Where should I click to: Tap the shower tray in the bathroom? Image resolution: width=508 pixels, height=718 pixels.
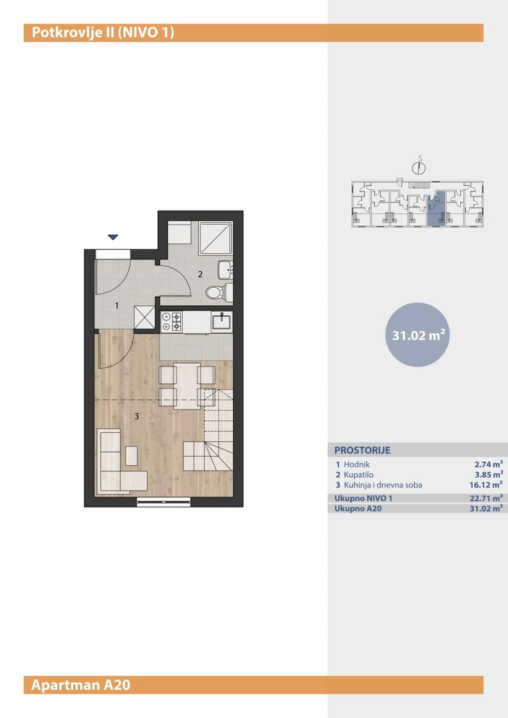tap(215, 239)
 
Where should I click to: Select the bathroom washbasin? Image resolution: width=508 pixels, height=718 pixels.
tap(225, 270)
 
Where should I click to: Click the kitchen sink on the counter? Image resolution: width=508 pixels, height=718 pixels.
tap(221, 321)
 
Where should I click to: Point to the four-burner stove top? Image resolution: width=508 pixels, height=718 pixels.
tap(172, 321)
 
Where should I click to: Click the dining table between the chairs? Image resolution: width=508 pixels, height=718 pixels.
tap(187, 386)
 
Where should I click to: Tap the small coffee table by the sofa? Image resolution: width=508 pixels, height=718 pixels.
tap(132, 455)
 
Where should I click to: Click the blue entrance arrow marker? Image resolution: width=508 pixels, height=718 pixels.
tap(113, 237)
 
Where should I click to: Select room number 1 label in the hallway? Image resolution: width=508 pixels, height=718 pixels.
tap(117, 305)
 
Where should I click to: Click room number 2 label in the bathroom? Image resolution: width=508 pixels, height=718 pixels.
tap(200, 275)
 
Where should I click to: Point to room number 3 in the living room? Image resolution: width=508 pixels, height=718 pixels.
tap(136, 416)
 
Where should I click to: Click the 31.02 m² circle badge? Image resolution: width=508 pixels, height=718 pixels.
tap(418, 334)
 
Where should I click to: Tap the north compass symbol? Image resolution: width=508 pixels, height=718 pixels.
tap(419, 166)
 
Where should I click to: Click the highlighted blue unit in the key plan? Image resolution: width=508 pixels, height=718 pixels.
tap(436, 208)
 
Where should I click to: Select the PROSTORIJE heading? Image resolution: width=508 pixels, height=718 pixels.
tap(362, 450)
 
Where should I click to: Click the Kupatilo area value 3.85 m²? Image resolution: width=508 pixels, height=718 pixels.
tap(489, 475)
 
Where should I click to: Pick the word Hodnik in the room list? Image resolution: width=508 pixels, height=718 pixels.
tap(357, 464)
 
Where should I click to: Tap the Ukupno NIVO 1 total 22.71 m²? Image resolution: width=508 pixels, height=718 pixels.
tap(486, 498)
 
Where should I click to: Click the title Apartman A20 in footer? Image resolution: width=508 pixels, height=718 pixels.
tap(80, 685)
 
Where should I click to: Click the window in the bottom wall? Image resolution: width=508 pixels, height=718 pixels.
tap(164, 503)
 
